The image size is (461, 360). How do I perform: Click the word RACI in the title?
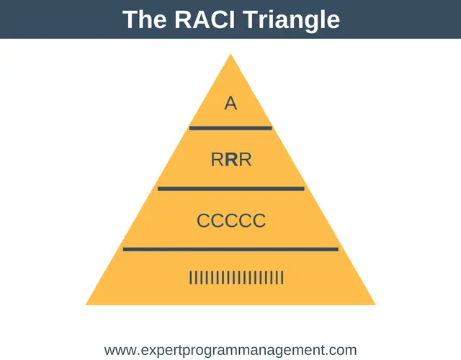pyautogui.click(x=205, y=19)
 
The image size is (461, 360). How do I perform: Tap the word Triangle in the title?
pyautogui.click(x=292, y=21)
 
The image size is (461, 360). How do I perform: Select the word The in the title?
pyautogui.click(x=144, y=19)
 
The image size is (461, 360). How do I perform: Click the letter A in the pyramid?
pyautogui.click(x=230, y=104)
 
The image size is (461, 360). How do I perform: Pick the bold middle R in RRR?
pyautogui.click(x=232, y=160)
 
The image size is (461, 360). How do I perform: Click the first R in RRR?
pyautogui.click(x=218, y=160)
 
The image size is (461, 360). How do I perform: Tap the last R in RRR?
pyautogui.click(x=246, y=160)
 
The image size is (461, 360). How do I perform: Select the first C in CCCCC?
pyautogui.click(x=203, y=221)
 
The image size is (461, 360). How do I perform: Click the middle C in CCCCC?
pyautogui.click(x=231, y=221)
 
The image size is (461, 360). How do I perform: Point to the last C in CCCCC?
pyautogui.click(x=259, y=221)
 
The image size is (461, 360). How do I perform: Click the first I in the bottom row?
pyautogui.click(x=191, y=278)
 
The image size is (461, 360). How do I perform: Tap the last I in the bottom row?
pyautogui.click(x=282, y=278)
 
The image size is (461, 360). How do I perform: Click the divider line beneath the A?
pyautogui.click(x=230, y=128)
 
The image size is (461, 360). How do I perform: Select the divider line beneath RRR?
pyautogui.click(x=231, y=189)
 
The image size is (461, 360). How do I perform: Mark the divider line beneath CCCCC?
pyautogui.click(x=230, y=250)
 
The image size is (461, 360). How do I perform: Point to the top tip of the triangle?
pyautogui.click(x=230, y=54)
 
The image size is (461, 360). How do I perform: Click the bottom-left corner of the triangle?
pyautogui.click(x=86, y=305)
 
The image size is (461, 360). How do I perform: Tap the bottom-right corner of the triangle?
pyautogui.click(x=375, y=305)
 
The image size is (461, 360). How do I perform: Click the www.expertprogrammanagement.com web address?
pyautogui.click(x=230, y=351)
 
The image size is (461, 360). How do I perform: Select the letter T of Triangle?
pyautogui.click(x=250, y=19)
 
